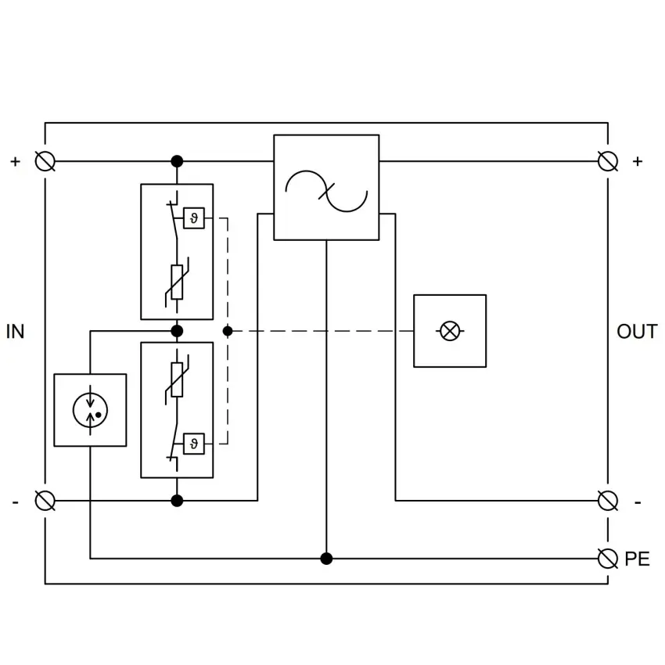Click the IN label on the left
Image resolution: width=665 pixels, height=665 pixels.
tap(16, 331)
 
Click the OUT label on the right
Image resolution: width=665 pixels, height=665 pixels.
tap(637, 331)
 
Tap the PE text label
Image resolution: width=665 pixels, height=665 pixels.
tap(637, 559)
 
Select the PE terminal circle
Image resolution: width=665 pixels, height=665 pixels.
tap(608, 558)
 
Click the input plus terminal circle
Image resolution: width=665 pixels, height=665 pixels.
tap(45, 161)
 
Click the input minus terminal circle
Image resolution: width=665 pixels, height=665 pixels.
tap(45, 501)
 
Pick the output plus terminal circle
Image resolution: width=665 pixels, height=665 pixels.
tap(608, 161)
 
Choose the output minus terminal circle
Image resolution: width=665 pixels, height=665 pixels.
tap(608, 501)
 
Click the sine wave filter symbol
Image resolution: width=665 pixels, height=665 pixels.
tap(326, 191)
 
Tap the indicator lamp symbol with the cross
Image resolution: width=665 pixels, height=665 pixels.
tap(450, 331)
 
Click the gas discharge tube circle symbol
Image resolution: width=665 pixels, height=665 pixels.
tap(90, 410)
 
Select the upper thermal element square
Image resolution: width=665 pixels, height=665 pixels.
tap(194, 218)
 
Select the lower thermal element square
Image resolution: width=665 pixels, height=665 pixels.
tap(194, 444)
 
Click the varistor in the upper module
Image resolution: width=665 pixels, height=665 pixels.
tap(177, 282)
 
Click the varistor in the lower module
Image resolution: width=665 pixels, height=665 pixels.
tap(177, 379)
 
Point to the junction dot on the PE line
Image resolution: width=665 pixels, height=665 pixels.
tap(326, 559)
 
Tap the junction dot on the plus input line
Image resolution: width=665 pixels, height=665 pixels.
tap(177, 161)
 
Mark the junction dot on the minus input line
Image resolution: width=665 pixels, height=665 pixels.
tap(177, 501)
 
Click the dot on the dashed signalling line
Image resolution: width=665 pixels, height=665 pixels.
tap(228, 331)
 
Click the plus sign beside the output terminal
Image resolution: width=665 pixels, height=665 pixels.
tap(638, 161)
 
